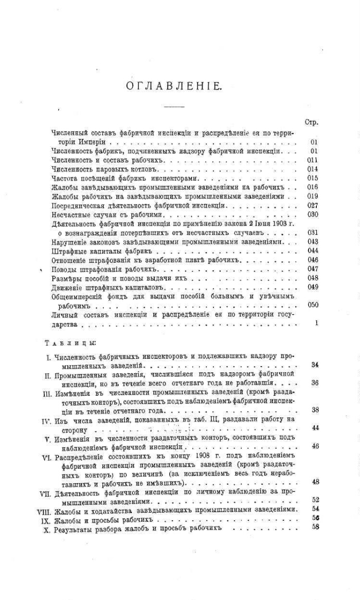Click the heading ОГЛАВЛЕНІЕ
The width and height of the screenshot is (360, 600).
(x=173, y=86)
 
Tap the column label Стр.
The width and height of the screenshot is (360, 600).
(x=312, y=122)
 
